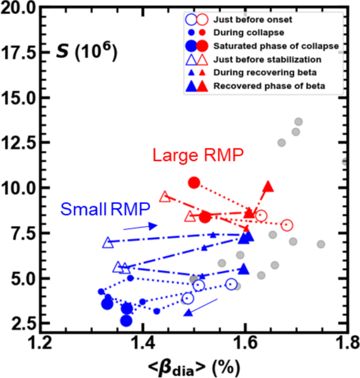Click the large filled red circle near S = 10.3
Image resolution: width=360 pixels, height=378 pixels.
coord(194,182)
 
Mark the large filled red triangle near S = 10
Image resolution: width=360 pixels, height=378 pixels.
coord(268,187)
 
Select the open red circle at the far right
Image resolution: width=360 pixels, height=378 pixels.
coord(286,225)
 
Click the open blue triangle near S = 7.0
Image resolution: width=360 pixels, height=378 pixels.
coord(108,243)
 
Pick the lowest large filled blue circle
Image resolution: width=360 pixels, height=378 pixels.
coord(126,321)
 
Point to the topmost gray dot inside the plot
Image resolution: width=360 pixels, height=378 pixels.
coord(299,122)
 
